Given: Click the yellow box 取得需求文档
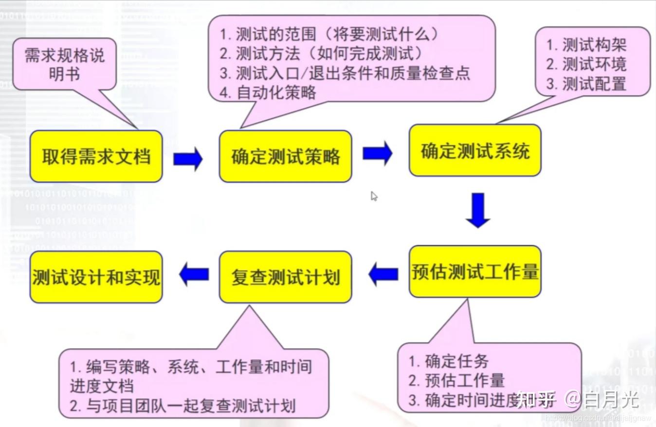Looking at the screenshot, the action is click(96, 156).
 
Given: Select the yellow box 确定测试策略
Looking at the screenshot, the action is click(286, 156).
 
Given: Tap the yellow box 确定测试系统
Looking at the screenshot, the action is click(475, 151).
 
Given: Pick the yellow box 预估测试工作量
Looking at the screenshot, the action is click(475, 272).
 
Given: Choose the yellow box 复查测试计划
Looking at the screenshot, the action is click(286, 277).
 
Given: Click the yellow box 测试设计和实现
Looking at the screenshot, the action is click(96, 277).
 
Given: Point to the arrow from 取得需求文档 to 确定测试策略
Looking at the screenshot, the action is click(188, 159).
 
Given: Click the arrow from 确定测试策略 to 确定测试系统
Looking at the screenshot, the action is click(378, 153).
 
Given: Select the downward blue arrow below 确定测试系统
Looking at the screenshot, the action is click(478, 210).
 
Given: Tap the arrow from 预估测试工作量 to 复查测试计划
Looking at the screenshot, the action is click(383, 274).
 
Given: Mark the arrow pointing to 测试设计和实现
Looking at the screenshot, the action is click(194, 274).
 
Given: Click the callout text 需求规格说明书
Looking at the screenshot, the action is click(64, 64).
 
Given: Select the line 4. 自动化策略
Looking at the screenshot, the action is click(268, 93).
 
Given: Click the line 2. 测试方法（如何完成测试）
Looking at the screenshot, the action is click(322, 54).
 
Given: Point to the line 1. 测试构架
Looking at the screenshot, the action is click(586, 45).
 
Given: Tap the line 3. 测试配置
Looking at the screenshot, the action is click(586, 84).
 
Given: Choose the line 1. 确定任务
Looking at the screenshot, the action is click(448, 361).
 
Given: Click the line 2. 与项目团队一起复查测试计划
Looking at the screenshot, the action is click(182, 406).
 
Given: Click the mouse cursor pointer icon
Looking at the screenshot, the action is click(374, 196).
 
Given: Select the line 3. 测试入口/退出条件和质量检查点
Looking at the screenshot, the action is click(345, 73).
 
